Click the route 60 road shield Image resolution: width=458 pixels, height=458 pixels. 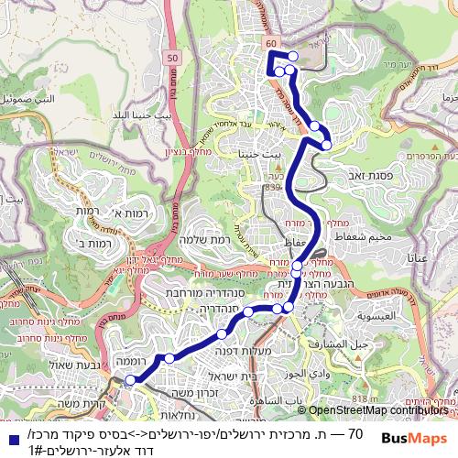click(268, 43)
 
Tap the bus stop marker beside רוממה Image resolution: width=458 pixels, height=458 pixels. click(131, 379)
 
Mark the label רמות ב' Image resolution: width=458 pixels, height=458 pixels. click(93, 244)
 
